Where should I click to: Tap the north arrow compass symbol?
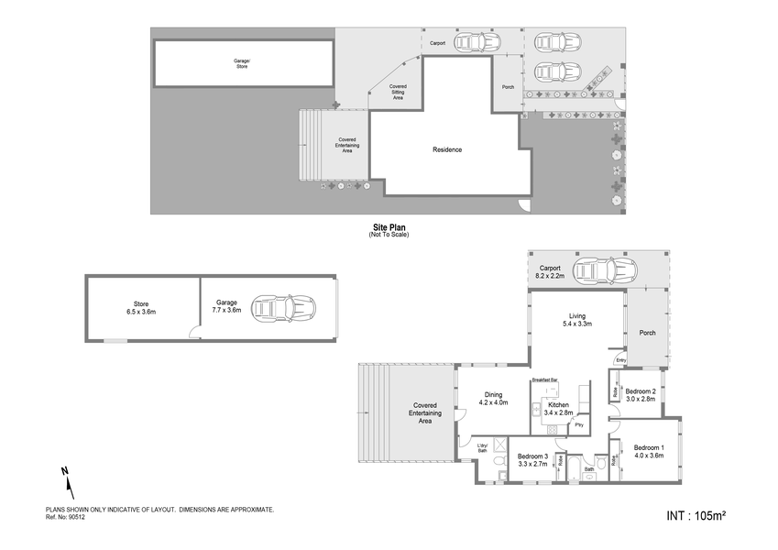click(x=65, y=478)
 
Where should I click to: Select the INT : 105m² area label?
click(x=696, y=516)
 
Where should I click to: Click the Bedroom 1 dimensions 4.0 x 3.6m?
click(x=651, y=454)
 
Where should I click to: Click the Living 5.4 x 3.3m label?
click(x=576, y=320)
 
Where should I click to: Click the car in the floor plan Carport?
click(x=604, y=270)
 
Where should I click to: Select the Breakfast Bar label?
click(x=546, y=379)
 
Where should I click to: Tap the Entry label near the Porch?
click(x=620, y=361)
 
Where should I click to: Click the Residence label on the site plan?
click(x=447, y=149)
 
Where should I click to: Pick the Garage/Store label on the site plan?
click(x=241, y=63)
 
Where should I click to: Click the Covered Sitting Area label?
click(x=398, y=92)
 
